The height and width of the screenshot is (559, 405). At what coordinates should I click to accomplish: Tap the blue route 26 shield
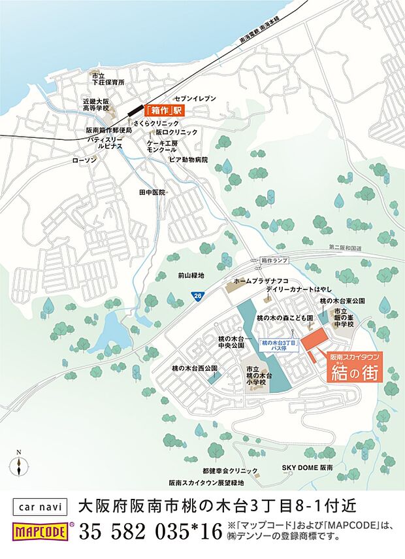[197, 297]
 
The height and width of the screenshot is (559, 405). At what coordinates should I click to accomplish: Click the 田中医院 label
[152, 193]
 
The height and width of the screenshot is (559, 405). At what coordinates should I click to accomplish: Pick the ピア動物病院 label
[188, 159]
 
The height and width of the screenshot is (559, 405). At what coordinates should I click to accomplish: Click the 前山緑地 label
[191, 275]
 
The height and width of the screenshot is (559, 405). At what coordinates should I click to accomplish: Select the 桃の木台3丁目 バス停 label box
[279, 345]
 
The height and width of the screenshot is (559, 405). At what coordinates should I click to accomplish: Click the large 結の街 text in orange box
[353, 375]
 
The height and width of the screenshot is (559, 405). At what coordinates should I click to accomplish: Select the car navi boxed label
[40, 507]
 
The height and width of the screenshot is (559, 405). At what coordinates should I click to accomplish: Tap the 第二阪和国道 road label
[346, 248]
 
